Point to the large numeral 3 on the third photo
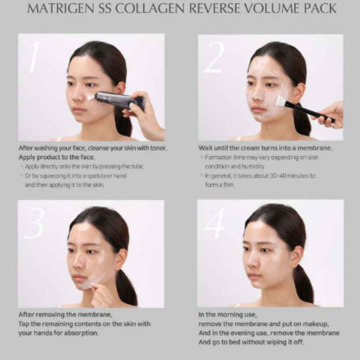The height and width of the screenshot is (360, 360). click(34, 223)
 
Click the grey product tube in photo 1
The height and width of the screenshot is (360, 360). click(115, 99)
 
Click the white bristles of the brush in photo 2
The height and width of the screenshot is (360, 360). click(280, 101)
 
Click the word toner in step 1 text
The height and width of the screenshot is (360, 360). click(157, 148)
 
